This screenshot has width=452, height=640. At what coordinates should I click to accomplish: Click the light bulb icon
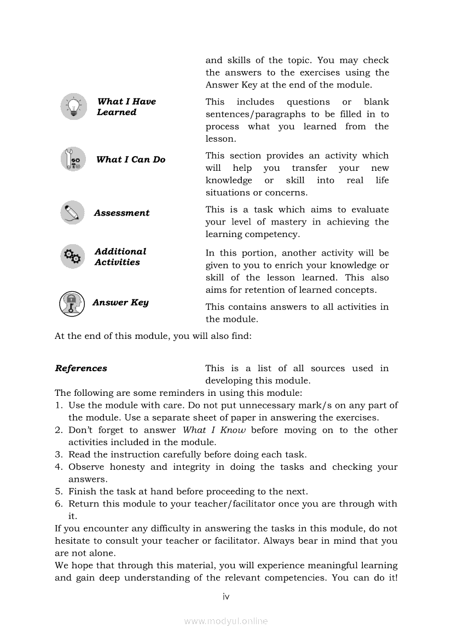pyautogui.click(x=73, y=107)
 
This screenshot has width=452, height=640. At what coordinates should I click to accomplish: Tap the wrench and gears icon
pyautogui.click(x=73, y=159)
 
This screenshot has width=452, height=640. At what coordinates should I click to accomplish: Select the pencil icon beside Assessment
pyautogui.click(x=72, y=212)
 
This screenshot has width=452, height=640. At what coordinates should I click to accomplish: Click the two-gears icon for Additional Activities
pyautogui.click(x=72, y=256)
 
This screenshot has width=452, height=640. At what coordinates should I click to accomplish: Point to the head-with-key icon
pyautogui.click(x=72, y=303)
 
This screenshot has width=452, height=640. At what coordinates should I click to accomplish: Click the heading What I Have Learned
pyautogui.click(x=126, y=107)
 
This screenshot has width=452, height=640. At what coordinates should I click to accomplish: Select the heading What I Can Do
pyautogui.click(x=131, y=159)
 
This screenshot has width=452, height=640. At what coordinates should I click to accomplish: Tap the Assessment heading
pyautogui.click(x=121, y=213)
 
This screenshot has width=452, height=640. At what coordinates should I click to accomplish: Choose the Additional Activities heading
pyautogui.click(x=120, y=257)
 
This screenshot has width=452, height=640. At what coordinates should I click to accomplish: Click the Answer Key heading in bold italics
pyautogui.click(x=120, y=302)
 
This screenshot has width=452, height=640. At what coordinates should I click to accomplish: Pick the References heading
pyautogui.click(x=81, y=368)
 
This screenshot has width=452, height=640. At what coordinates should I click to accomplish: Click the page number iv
pyautogui.click(x=226, y=597)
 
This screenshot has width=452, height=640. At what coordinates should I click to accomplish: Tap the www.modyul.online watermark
pyautogui.click(x=226, y=621)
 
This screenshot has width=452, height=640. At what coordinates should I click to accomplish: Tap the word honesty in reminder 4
pyautogui.click(x=127, y=467)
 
